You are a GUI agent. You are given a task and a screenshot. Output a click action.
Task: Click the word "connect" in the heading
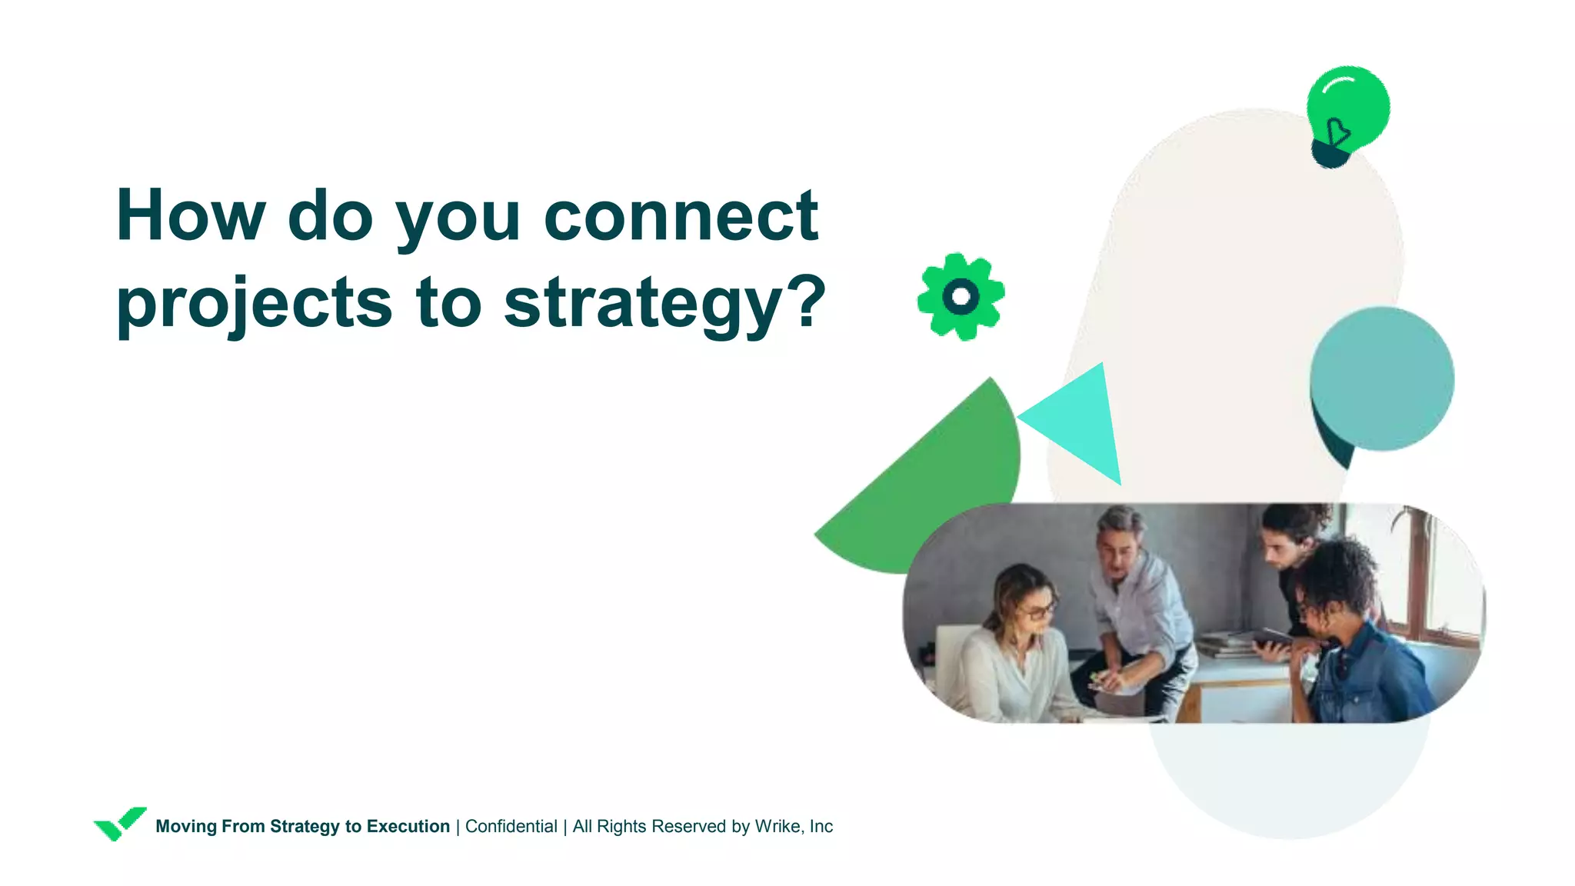tap(681, 216)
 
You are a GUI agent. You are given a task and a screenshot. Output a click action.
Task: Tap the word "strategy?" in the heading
tap(664, 303)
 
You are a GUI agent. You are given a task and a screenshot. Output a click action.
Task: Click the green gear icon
tap(961, 296)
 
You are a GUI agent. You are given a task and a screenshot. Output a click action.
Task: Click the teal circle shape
tap(1382, 378)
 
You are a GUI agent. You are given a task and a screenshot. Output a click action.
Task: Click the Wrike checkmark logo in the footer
tap(119, 824)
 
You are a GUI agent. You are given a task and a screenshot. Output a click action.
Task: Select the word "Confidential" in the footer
tap(511, 826)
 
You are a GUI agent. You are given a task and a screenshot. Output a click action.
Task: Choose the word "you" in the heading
tap(458, 216)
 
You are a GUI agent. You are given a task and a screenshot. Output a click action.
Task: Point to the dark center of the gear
tap(961, 296)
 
